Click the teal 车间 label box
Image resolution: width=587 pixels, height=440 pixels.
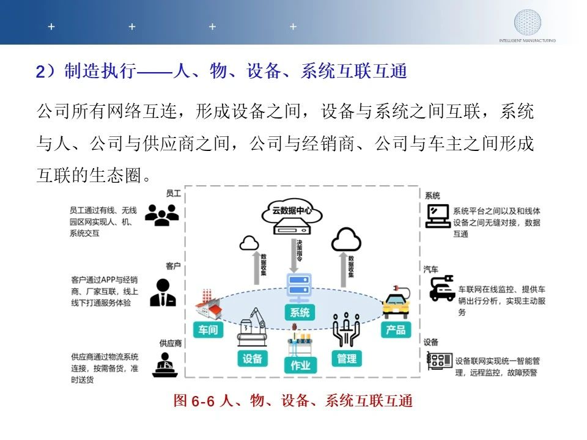point(208,329)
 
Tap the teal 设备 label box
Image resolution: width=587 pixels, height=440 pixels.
point(253,359)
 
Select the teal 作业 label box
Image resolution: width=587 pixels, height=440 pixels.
point(300,365)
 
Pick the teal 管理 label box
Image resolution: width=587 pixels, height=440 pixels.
point(347,359)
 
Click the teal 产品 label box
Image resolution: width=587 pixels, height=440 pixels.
point(396,329)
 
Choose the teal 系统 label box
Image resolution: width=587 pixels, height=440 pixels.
point(300,312)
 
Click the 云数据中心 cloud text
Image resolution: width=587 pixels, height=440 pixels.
point(292,211)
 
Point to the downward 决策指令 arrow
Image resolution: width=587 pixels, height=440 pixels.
point(294,255)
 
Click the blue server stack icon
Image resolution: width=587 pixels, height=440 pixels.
point(299,288)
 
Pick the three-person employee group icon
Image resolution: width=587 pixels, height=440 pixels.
point(161,215)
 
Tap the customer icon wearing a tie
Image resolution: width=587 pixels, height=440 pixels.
point(163,293)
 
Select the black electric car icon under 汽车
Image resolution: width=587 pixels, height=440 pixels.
point(441,288)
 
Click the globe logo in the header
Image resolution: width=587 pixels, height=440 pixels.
point(527,22)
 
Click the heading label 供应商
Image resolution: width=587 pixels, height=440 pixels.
point(171,343)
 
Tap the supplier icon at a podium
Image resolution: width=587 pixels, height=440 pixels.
point(164,365)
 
